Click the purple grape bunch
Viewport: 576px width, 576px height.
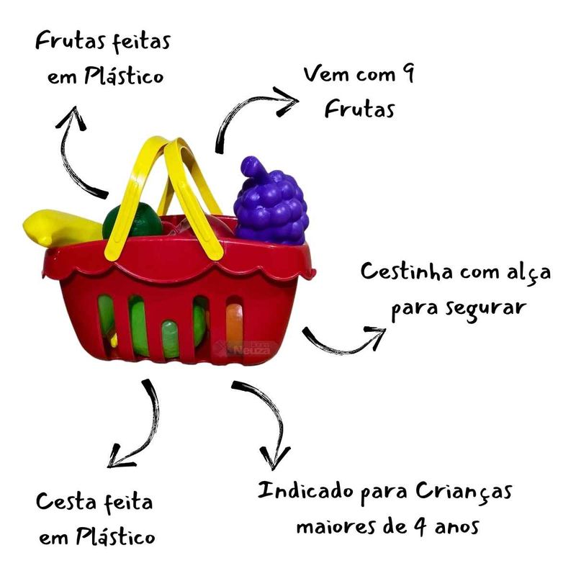(x=271, y=204)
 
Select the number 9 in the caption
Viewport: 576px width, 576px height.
(x=408, y=74)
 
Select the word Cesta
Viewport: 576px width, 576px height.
(x=68, y=502)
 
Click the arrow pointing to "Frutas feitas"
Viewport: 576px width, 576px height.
(x=78, y=151)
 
